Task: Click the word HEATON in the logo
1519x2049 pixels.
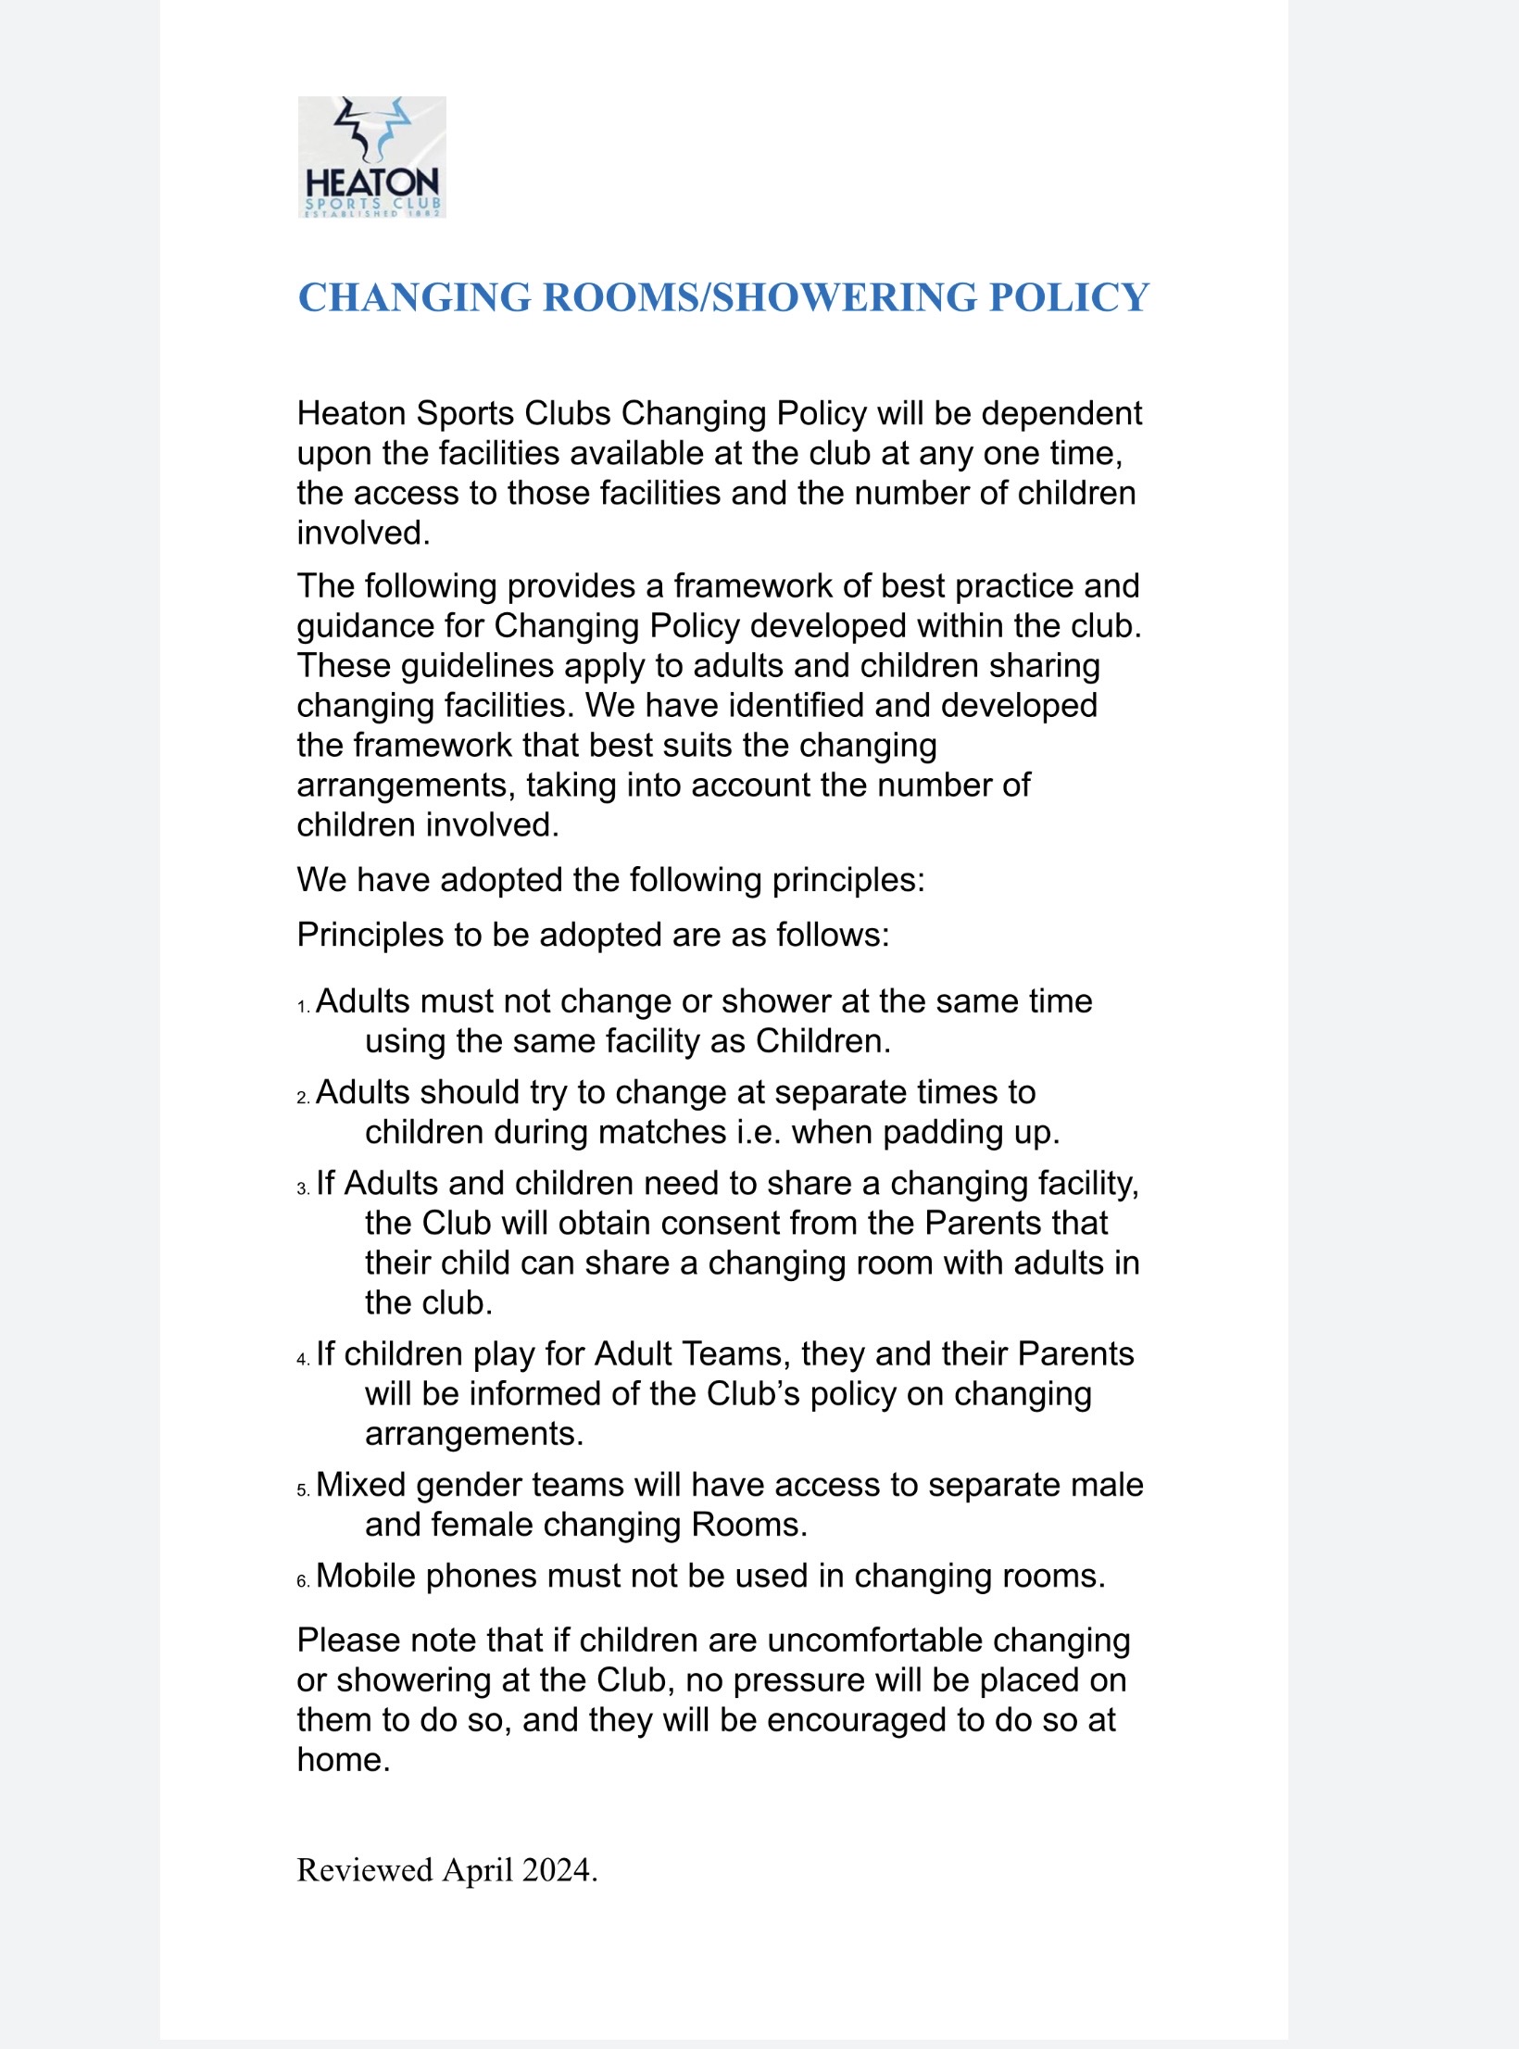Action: tap(372, 182)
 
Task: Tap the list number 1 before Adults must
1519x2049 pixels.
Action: tap(303, 1007)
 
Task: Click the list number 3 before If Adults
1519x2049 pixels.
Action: tap(303, 1189)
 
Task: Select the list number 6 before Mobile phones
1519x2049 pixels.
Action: tap(303, 1582)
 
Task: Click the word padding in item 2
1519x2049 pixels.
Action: tap(944, 1133)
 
